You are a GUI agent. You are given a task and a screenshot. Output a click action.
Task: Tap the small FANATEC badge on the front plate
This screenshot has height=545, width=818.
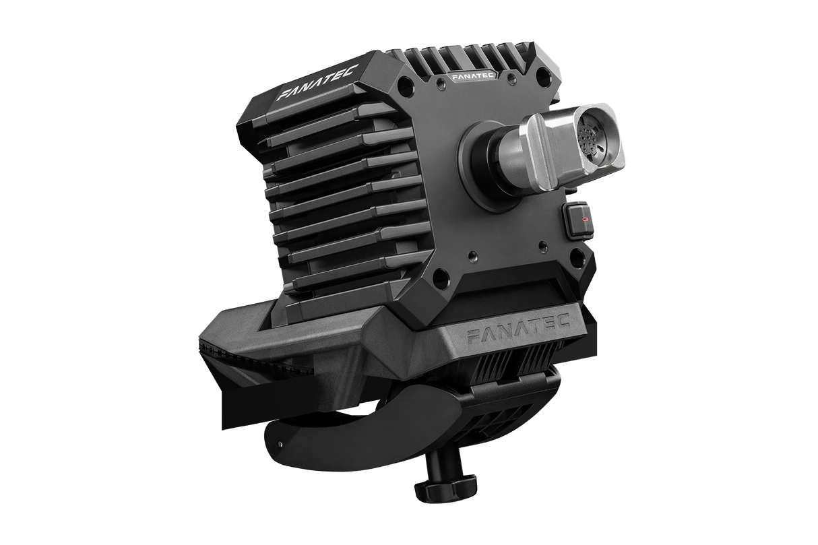pos(471,77)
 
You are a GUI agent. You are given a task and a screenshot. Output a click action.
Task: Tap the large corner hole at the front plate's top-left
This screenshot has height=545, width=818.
pos(403,87)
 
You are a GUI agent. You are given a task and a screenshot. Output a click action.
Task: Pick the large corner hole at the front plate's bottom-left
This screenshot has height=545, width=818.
pos(439,275)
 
